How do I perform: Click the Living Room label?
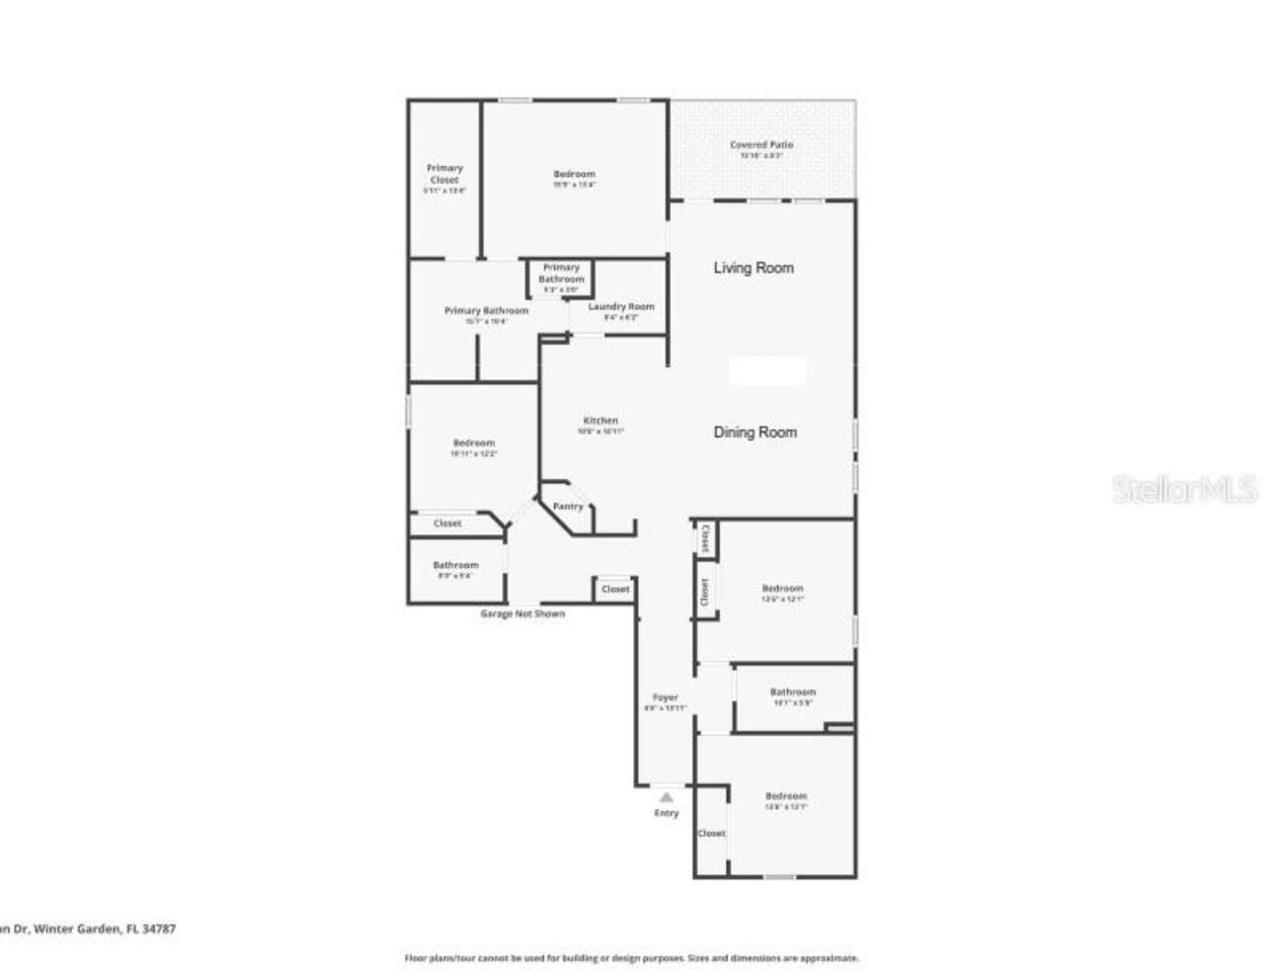[753, 268]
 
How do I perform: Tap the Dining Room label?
[754, 432]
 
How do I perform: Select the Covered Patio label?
[761, 145]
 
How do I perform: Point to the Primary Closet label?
[444, 174]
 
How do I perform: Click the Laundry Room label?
[620, 306]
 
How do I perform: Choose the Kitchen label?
[600, 421]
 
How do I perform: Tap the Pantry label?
[568, 507]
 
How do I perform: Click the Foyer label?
[665, 697]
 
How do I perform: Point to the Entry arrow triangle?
[667, 796]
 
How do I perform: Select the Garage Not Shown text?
[522, 613]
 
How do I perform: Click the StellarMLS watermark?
[1184, 489]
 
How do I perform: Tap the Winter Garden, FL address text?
[89, 929]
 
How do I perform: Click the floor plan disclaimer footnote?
[632, 958]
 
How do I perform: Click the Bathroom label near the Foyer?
[793, 692]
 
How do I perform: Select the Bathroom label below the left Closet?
[455, 565]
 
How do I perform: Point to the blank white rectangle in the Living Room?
[767, 371]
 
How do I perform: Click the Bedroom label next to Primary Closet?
[574, 175]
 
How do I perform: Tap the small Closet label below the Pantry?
[615, 589]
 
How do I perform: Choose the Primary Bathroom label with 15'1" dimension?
[486, 310]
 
